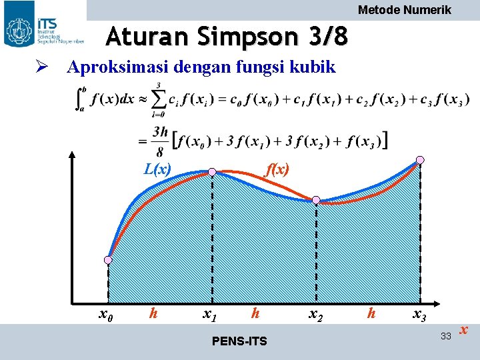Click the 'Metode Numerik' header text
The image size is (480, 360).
[405, 10]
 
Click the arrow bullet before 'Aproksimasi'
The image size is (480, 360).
[41, 67]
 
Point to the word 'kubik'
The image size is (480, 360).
[313, 67]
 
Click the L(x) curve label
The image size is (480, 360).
[157, 169]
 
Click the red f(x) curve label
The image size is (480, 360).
[277, 169]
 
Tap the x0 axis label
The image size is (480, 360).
[105, 313]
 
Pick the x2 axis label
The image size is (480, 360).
[315, 313]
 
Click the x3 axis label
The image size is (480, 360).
[419, 313]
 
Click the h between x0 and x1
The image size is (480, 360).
[153, 312]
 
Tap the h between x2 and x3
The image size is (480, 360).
[372, 312]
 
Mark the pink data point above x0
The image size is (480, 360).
[109, 259]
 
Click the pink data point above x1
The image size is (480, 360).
[212, 172]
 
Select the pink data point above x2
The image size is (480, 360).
[316, 200]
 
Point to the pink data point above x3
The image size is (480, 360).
[420, 159]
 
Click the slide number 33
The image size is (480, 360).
[446, 335]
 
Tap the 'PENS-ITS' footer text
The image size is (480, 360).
[239, 342]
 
